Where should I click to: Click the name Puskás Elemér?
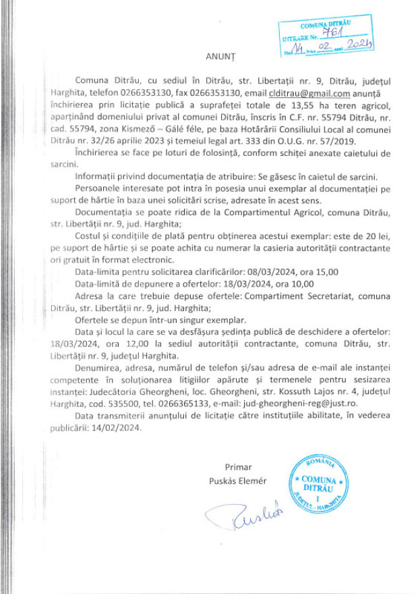point(239,481)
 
